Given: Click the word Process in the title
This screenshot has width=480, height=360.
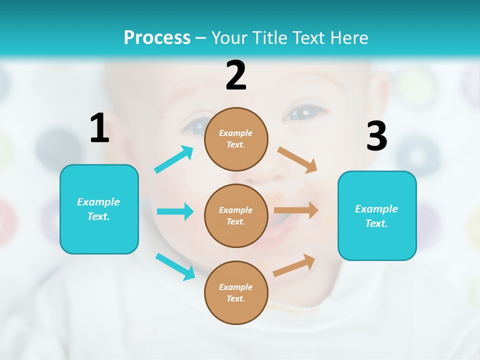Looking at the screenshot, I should click(157, 37).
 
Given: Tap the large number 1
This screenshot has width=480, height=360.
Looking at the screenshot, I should click(99, 128).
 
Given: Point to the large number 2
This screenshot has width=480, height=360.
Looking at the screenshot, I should click(236, 75).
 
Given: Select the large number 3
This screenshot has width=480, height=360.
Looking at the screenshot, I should click(376, 136).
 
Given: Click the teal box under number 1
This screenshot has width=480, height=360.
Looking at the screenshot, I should click(99, 209).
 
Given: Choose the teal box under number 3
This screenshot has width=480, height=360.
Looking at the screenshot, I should click(377, 215).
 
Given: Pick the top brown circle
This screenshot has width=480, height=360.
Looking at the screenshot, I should click(236, 139).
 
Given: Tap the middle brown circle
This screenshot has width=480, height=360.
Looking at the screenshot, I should click(236, 215).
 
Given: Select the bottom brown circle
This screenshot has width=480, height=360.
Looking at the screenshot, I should click(236, 292).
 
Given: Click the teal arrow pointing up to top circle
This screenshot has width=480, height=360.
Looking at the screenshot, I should click(174, 159).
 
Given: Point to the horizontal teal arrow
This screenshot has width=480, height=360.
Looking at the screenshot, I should click(175, 211).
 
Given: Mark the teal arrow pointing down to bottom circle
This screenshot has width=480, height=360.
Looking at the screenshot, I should click(175, 266).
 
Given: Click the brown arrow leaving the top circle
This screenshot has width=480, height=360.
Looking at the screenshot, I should click(298, 159).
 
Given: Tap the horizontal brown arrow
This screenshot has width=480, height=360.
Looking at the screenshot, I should click(296, 210).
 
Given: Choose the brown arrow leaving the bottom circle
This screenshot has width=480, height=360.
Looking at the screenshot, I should click(294, 265).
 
